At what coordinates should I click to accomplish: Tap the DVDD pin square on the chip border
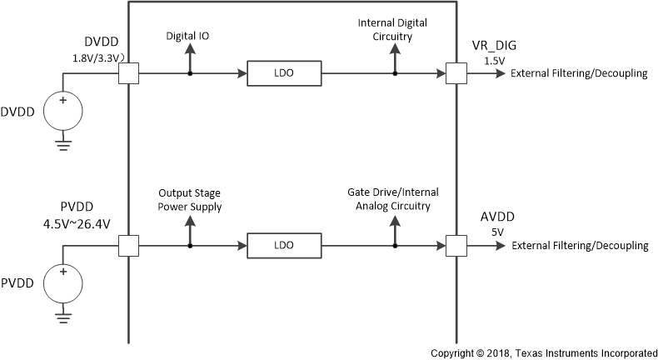point(128,74)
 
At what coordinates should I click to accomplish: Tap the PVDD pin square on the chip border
point(128,246)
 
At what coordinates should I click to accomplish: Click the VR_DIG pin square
point(456,74)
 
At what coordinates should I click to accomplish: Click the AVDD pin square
point(456,246)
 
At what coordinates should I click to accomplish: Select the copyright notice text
point(544,352)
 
